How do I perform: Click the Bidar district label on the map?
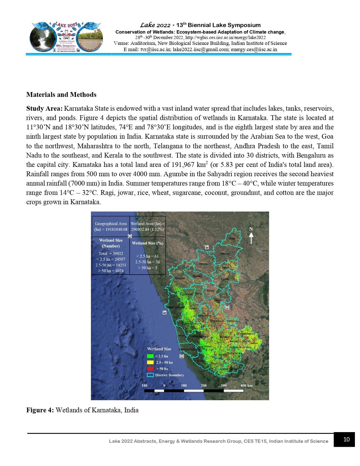tap(232, 239)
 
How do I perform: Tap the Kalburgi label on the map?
tap(224, 254)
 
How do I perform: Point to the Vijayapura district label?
tap(204, 264)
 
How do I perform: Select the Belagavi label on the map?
tap(180, 278)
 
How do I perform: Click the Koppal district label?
tap(210, 291)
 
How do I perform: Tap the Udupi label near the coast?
tap(181, 336)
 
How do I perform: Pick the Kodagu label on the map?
tap(201, 361)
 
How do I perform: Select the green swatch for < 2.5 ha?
tap(150, 356)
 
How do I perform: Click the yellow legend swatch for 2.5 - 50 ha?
tap(150, 362)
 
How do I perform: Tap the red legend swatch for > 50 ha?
tap(150, 369)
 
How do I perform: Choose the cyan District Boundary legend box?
tap(150, 375)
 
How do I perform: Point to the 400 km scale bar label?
tap(246, 386)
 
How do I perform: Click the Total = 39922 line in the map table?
tap(111, 254)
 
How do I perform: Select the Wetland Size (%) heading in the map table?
tap(147, 243)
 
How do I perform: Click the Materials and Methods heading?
tap(61, 95)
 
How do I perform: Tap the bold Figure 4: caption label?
tap(40, 410)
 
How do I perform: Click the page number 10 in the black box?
tap(346, 439)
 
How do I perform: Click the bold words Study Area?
tap(44, 109)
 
